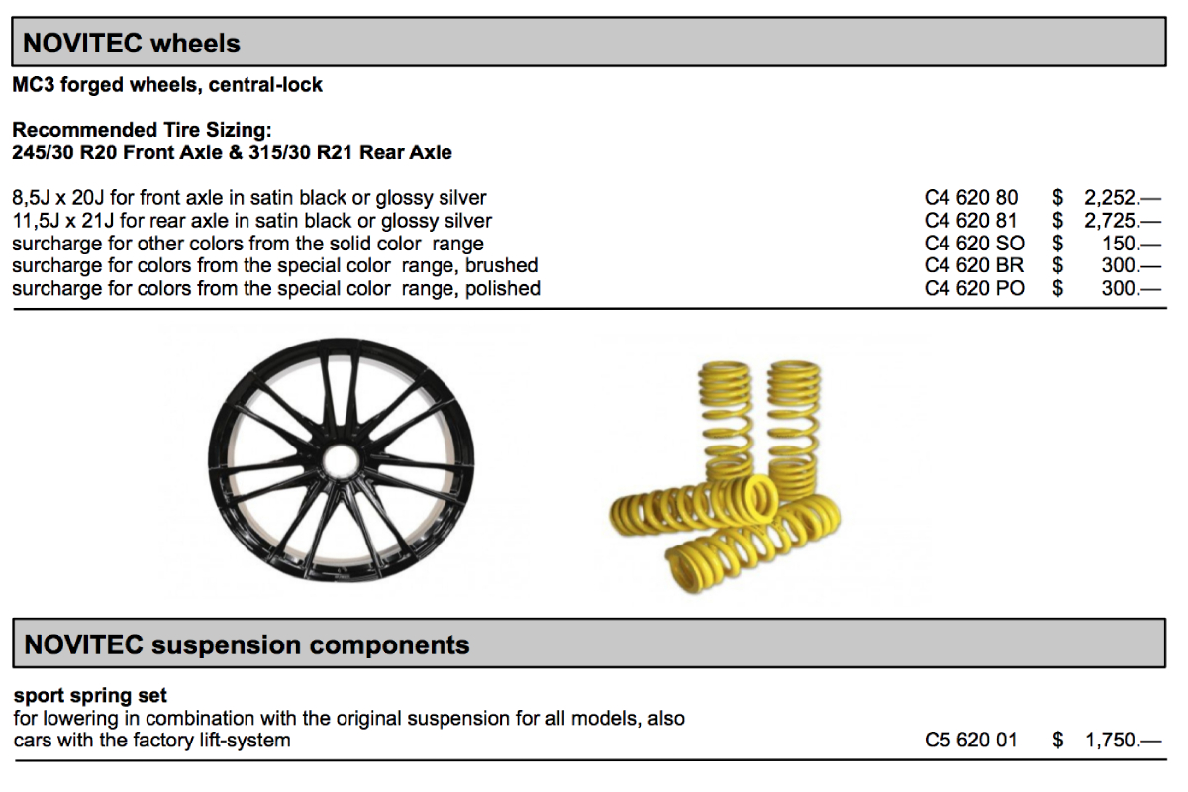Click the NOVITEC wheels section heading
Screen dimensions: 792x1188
pos(132,44)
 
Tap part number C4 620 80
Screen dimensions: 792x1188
pos(971,198)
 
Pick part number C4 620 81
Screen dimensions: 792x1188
pos(971,221)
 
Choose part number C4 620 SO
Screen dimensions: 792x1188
pos(974,244)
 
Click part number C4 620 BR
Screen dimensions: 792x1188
pos(974,265)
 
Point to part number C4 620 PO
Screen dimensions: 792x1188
pos(974,289)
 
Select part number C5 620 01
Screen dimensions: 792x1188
pos(971,740)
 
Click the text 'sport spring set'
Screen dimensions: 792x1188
pos(90,696)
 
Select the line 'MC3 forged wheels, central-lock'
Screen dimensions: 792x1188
pos(167,85)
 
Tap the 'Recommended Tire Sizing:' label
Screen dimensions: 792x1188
pos(142,130)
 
